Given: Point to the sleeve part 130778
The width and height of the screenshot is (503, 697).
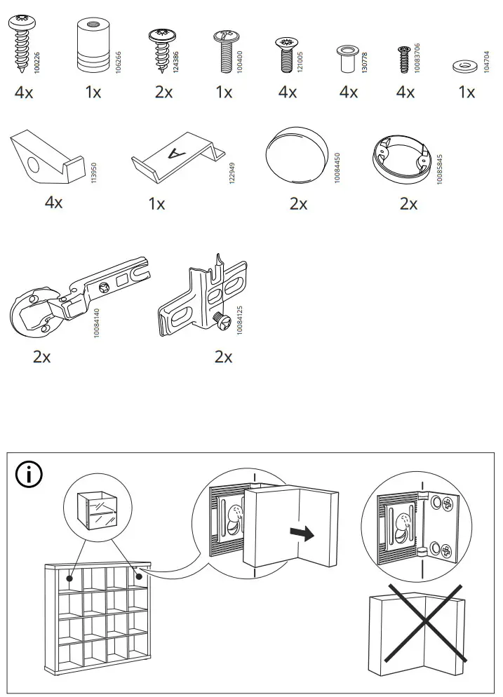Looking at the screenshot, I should pos(346,58).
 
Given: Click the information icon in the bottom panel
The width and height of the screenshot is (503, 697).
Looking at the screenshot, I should pos(29,475).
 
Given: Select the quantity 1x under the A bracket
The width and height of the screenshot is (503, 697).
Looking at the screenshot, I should pos(157,204).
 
